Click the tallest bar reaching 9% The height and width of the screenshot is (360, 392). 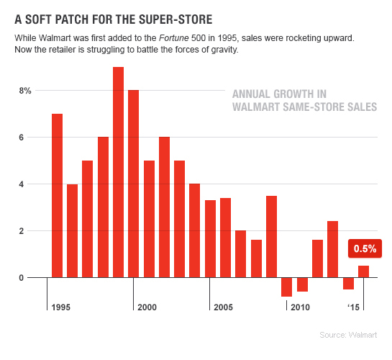(118, 172)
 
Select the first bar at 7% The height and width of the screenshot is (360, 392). (57, 195)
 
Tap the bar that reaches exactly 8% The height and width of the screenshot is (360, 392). (133, 184)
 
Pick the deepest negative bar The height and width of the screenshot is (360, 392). (286, 287)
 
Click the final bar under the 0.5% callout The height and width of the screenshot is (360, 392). (363, 271)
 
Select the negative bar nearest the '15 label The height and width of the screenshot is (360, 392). (348, 283)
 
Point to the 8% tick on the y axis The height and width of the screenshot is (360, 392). (25, 91)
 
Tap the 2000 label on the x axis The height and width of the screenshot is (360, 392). (147, 307)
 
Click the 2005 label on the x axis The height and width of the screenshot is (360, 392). (223, 307)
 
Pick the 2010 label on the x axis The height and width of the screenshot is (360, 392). (301, 307)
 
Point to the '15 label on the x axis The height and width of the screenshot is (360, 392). (352, 307)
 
